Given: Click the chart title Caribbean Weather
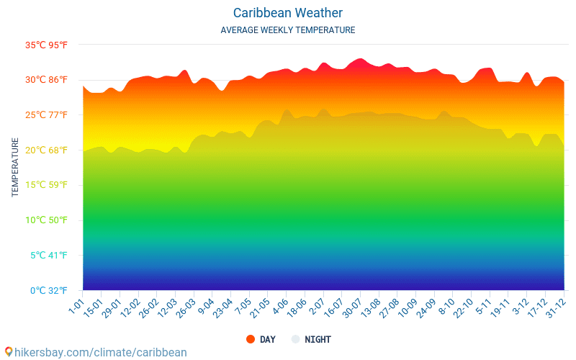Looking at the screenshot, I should (288, 13).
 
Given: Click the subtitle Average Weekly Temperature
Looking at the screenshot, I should (288, 30).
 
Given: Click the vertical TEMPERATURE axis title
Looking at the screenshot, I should (15, 168).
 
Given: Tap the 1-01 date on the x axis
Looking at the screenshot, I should (76, 308).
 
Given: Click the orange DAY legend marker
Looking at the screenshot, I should (251, 339).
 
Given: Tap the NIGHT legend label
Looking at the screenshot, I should (318, 339).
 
